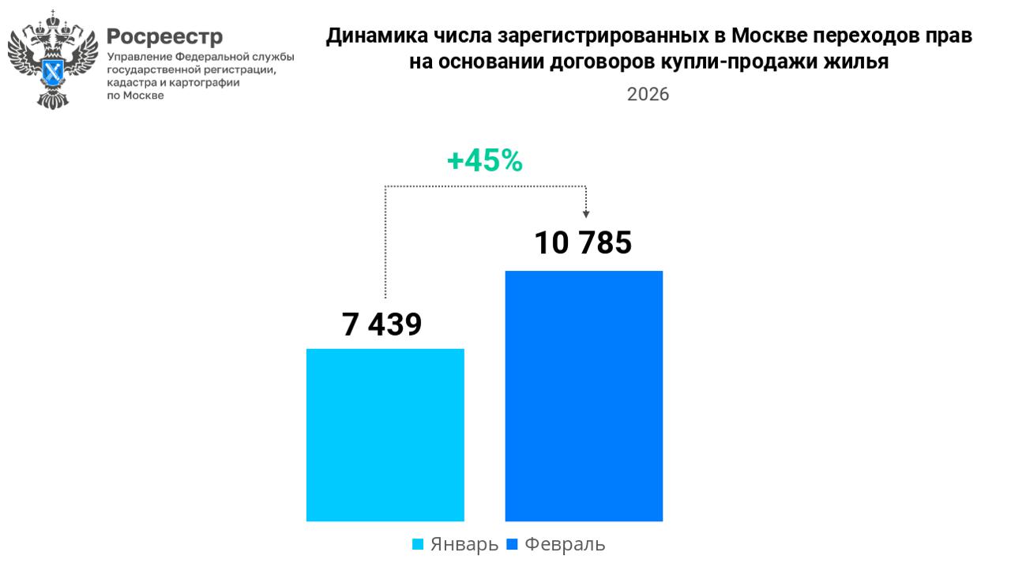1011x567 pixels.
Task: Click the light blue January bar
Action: [x=385, y=434]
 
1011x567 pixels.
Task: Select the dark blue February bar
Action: [x=584, y=396]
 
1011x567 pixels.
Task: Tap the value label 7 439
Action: [x=382, y=325]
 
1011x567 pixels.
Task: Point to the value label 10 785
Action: [x=583, y=242]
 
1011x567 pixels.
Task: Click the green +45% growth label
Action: [x=484, y=161]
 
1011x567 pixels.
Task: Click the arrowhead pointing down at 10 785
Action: [x=586, y=212]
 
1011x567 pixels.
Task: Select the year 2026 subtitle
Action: [x=648, y=95]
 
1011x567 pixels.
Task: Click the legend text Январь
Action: [x=464, y=544]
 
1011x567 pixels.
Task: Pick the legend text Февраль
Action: [x=565, y=544]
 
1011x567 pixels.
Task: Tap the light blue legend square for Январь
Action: [x=419, y=544]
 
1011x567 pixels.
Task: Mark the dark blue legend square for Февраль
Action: [x=512, y=544]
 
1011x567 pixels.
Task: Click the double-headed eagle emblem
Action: [x=53, y=60]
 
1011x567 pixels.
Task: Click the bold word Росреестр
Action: [x=164, y=36]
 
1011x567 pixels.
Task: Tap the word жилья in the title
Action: [x=858, y=62]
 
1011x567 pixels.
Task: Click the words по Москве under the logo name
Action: [x=135, y=95]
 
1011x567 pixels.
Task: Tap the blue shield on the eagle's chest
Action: [x=54, y=73]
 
